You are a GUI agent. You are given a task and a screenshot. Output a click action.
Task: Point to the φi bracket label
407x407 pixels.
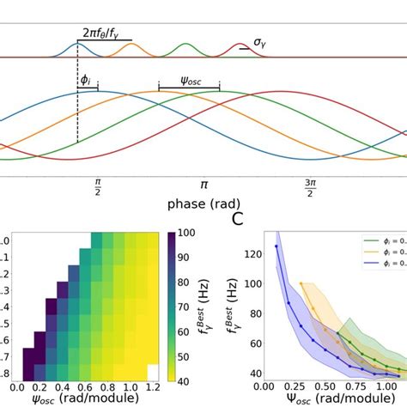click(86, 80)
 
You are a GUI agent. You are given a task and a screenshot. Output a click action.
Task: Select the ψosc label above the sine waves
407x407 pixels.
click(189, 80)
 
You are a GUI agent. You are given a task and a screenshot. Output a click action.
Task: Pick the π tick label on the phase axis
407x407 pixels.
click(203, 185)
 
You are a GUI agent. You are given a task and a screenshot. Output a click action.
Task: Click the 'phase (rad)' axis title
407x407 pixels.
click(203, 206)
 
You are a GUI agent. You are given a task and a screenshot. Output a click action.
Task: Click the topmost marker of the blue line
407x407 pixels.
click(276, 246)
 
